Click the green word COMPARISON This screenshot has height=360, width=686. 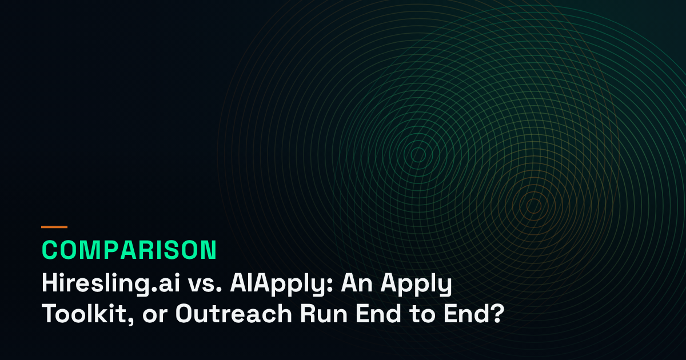coord(129,250)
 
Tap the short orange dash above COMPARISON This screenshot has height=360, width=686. coord(54,227)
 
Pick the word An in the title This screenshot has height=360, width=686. coord(357,283)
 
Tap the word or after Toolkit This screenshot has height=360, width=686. coord(155,316)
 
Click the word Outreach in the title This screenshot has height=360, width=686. coord(233,313)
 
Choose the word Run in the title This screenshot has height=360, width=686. coord(324,314)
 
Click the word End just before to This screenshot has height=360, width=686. coord(378,313)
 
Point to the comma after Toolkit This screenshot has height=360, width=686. coord(131,321)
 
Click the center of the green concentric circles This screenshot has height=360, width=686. coord(418,155)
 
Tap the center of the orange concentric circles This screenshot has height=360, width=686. coord(534,206)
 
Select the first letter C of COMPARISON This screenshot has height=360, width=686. coord(50,250)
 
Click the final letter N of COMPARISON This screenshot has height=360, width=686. coord(209,250)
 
